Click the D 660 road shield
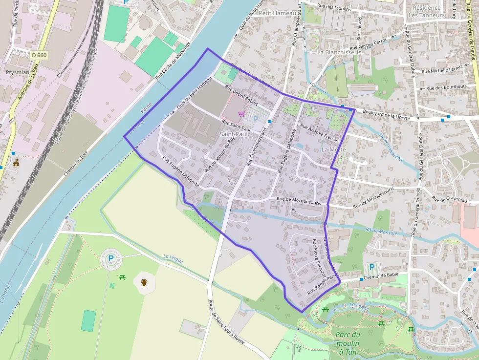click(39, 55)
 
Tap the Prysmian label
click(17, 72)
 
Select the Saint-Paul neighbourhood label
click(234, 134)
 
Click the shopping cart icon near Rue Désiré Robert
click(241, 114)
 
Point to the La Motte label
click(334, 149)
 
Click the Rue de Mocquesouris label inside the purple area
click(299, 200)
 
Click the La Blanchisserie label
click(339, 52)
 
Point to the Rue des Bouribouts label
click(446, 87)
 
